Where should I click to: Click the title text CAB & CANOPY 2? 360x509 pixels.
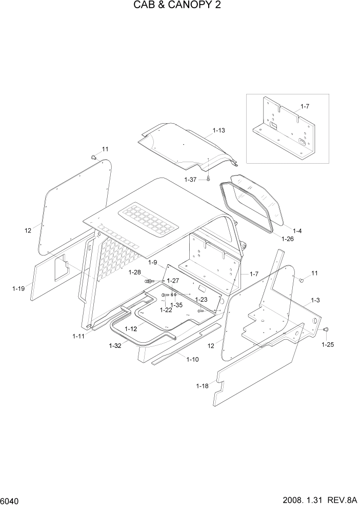[179, 6]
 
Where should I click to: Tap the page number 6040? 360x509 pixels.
[10, 499]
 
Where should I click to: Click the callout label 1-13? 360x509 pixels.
[218, 130]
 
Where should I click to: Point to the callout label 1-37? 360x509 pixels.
[191, 179]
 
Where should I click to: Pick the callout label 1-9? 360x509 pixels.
[152, 262]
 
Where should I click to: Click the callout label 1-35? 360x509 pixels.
[176, 305]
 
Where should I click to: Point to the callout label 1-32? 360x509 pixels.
[115, 346]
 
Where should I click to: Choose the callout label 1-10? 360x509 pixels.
[193, 359]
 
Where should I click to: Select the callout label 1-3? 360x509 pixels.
[315, 300]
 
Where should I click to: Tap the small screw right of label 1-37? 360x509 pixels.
[209, 179]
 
